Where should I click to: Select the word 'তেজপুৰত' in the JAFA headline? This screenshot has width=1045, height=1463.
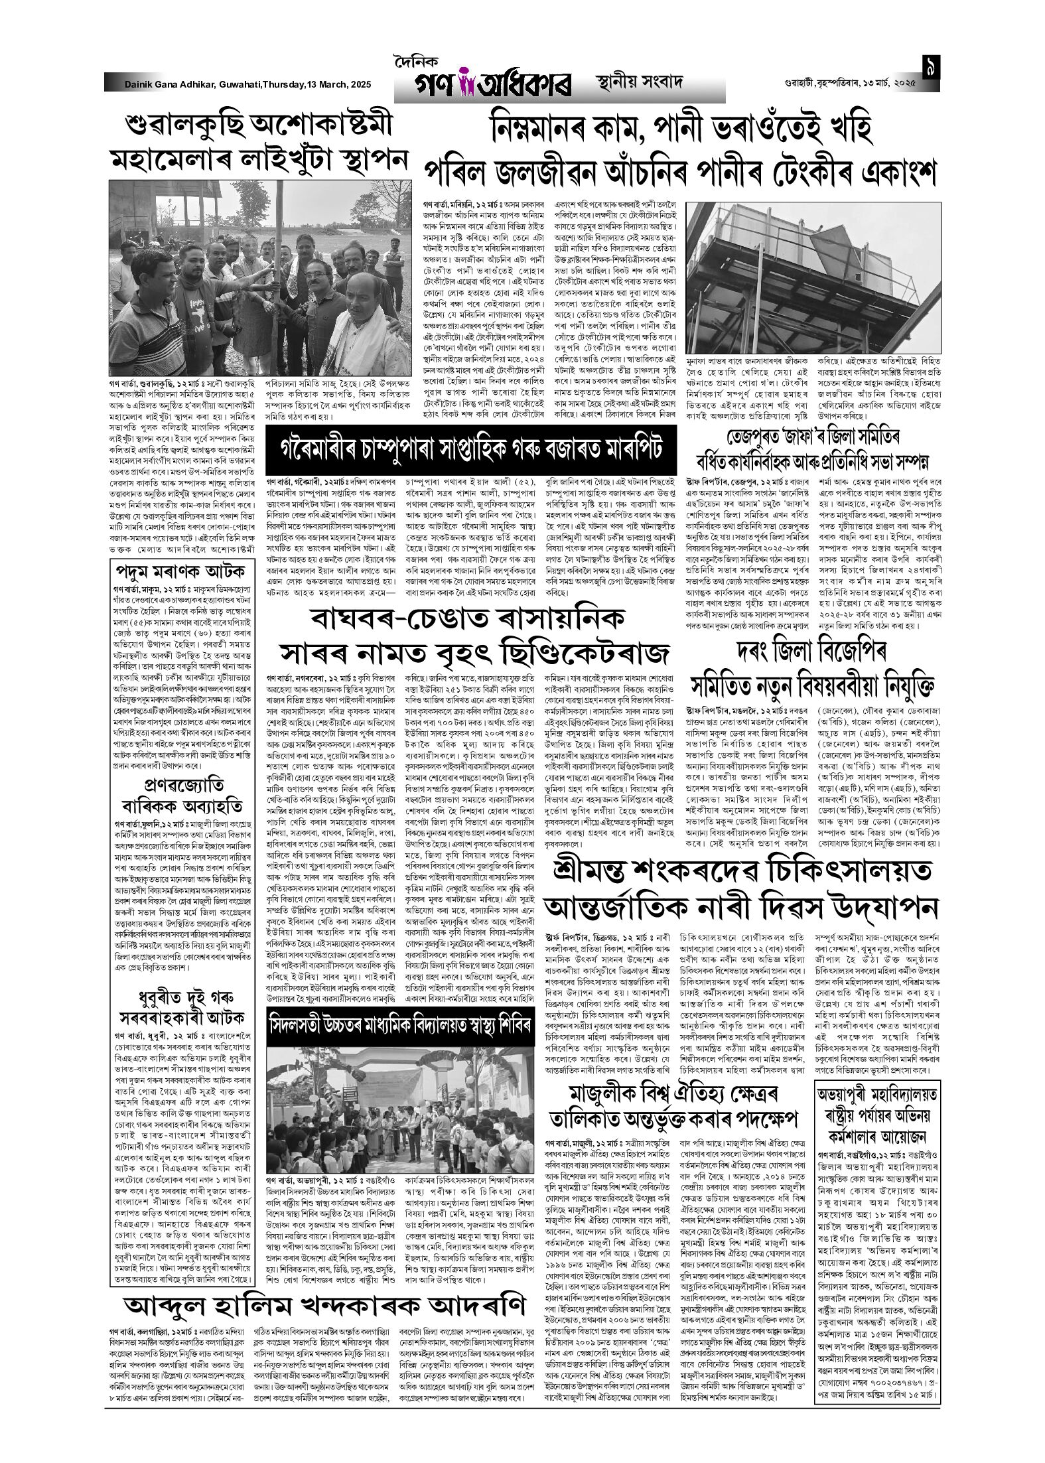743,437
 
